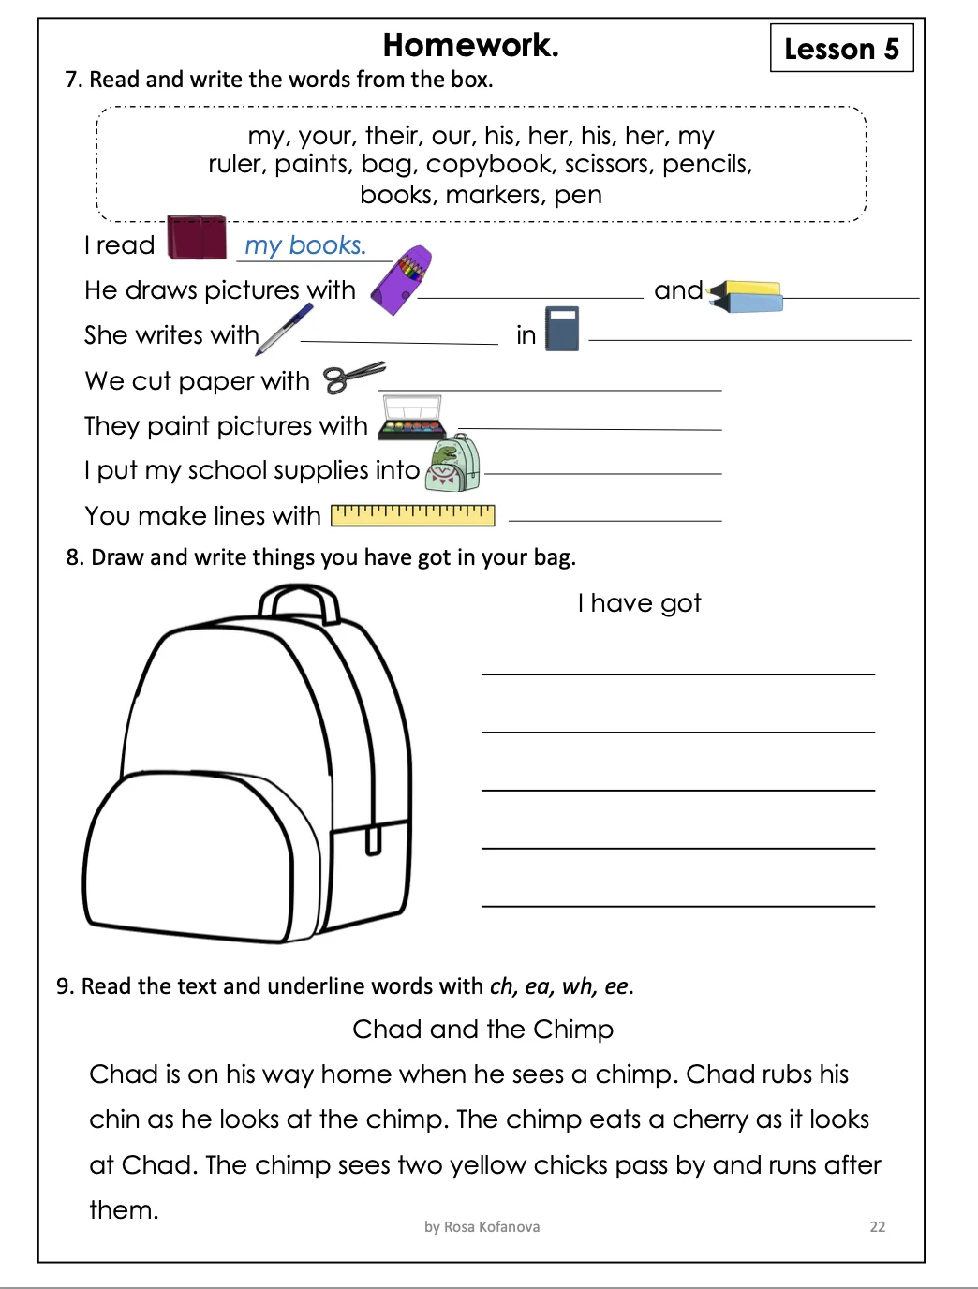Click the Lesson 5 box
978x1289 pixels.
(x=841, y=48)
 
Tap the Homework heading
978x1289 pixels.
(x=470, y=45)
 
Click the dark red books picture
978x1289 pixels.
(x=197, y=237)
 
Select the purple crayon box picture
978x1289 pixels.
(x=401, y=280)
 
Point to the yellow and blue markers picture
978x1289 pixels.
(x=747, y=296)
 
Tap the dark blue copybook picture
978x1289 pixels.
(x=562, y=329)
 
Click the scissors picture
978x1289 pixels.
(x=353, y=378)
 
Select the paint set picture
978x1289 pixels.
(x=412, y=418)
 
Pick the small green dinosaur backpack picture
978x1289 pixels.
(x=453, y=464)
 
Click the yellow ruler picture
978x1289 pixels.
(x=413, y=514)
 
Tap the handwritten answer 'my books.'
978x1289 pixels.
(x=305, y=245)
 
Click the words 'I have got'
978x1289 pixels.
(x=639, y=603)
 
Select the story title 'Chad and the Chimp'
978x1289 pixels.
(x=482, y=1029)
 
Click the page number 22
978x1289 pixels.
(x=877, y=1226)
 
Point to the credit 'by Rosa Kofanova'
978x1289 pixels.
(x=482, y=1226)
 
